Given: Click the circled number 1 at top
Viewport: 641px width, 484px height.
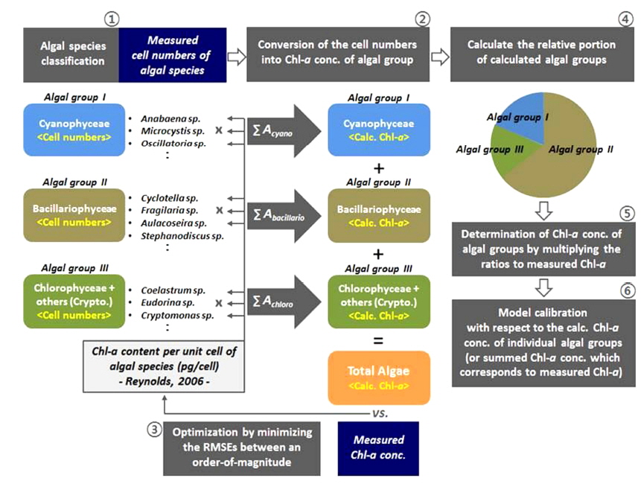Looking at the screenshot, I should click(x=112, y=18).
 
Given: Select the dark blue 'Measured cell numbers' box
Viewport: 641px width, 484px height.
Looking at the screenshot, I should click(x=172, y=55).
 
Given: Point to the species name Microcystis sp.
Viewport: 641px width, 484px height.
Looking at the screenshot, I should click(x=173, y=130).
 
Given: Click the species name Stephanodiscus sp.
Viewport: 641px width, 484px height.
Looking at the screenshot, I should click(x=182, y=236).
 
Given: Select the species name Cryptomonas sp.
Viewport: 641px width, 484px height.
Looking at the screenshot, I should click(x=177, y=316).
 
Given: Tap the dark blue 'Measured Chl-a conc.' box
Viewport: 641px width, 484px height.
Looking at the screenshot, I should click(x=378, y=448).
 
